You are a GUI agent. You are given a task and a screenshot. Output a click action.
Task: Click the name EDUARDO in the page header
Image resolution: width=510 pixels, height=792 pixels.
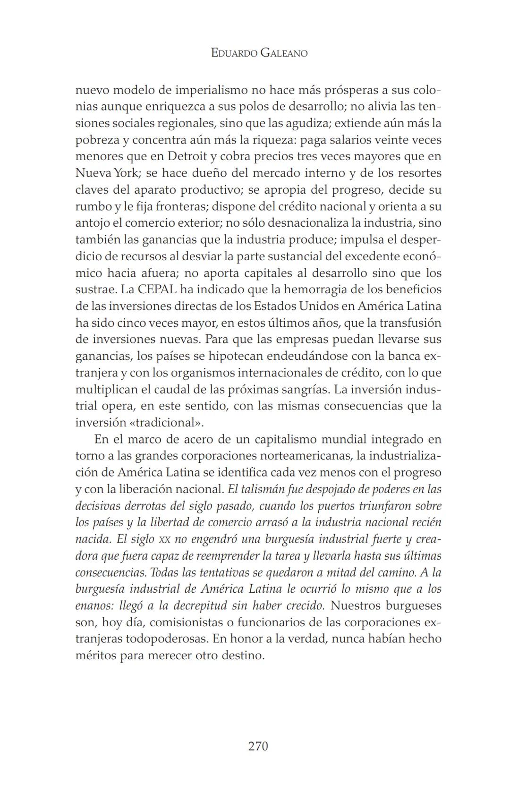tap(234, 53)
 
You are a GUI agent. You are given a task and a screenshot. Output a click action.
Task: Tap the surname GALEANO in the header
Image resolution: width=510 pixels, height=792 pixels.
tap(284, 53)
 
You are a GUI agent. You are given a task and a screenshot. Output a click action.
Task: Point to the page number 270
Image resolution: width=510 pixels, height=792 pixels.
tap(258, 746)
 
